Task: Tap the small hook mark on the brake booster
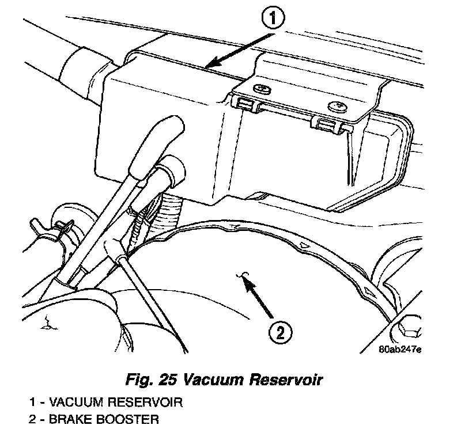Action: click(x=245, y=275)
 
